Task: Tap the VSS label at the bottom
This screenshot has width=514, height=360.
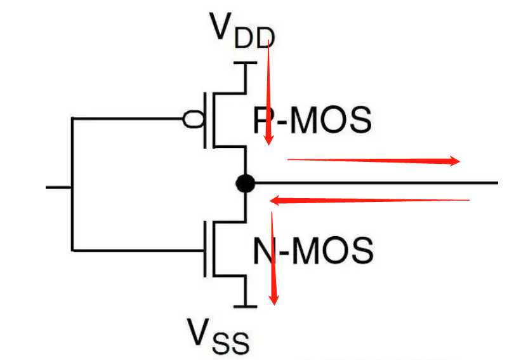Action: tap(218, 335)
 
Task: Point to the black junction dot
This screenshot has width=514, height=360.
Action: tap(245, 184)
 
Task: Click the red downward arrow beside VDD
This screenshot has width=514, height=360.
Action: tap(269, 89)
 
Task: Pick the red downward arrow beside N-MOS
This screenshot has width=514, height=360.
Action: tap(273, 257)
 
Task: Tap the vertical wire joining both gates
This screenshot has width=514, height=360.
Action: tap(72, 184)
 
